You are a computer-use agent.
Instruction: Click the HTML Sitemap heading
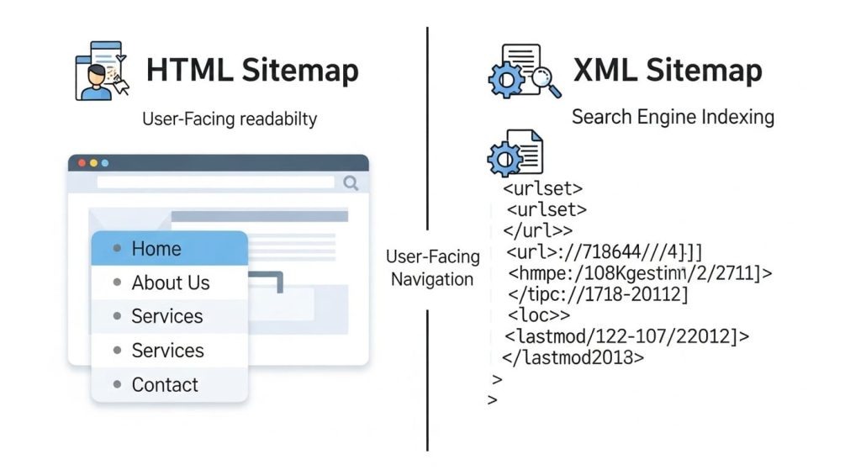[252, 71]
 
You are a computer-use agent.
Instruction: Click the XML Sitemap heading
[668, 71]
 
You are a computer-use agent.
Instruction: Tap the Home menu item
[156, 249]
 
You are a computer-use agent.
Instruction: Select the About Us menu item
[170, 283]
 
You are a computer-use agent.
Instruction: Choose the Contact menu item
[165, 385]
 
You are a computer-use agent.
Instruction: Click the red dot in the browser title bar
[82, 163]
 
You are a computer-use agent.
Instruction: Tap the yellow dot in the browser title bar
[93, 163]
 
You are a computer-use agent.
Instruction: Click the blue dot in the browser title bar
[105, 163]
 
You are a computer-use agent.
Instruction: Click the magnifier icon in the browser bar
[351, 182]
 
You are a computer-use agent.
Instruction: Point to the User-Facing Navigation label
[432, 268]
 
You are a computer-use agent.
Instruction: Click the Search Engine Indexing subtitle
[673, 117]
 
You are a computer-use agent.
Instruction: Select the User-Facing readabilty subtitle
[230, 119]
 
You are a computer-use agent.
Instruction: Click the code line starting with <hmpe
[640, 272]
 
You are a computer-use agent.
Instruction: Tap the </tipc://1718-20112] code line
[598, 294]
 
